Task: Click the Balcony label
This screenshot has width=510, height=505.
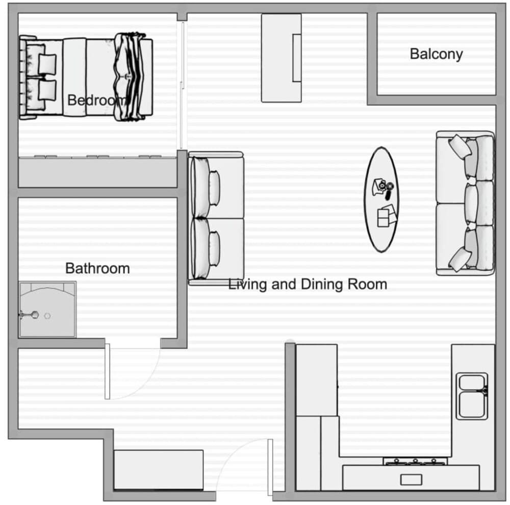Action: point(436,54)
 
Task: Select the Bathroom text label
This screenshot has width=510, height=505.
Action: point(97,268)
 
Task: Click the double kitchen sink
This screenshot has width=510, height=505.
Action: point(472,396)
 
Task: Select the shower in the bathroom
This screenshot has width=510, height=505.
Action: point(47,310)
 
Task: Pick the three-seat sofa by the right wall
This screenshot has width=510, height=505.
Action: point(465,203)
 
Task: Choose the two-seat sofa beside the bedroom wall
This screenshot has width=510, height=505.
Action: point(216,218)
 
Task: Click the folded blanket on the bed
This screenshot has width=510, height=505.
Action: point(132,77)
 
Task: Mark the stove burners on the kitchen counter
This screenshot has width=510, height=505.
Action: point(415,461)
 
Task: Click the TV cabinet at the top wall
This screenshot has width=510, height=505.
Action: point(281,58)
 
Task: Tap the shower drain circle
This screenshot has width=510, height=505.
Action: point(47,316)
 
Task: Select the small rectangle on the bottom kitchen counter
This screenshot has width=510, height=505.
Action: point(411,479)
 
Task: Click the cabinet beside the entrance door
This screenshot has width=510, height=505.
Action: point(158,470)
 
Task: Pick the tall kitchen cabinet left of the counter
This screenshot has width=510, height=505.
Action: point(316,380)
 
